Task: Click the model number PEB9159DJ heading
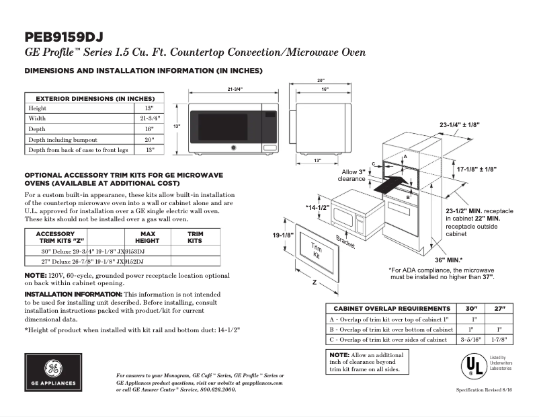pyautogui.click(x=64, y=36)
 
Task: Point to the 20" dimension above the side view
pyautogui.click(x=321, y=81)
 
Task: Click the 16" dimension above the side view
pyautogui.click(x=325, y=89)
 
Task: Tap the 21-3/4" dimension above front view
pyautogui.click(x=235, y=89)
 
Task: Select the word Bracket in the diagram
pyautogui.click(x=345, y=242)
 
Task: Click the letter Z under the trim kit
pyautogui.click(x=314, y=283)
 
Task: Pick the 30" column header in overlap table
pyautogui.click(x=475, y=307)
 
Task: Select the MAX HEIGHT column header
pyautogui.click(x=147, y=237)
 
